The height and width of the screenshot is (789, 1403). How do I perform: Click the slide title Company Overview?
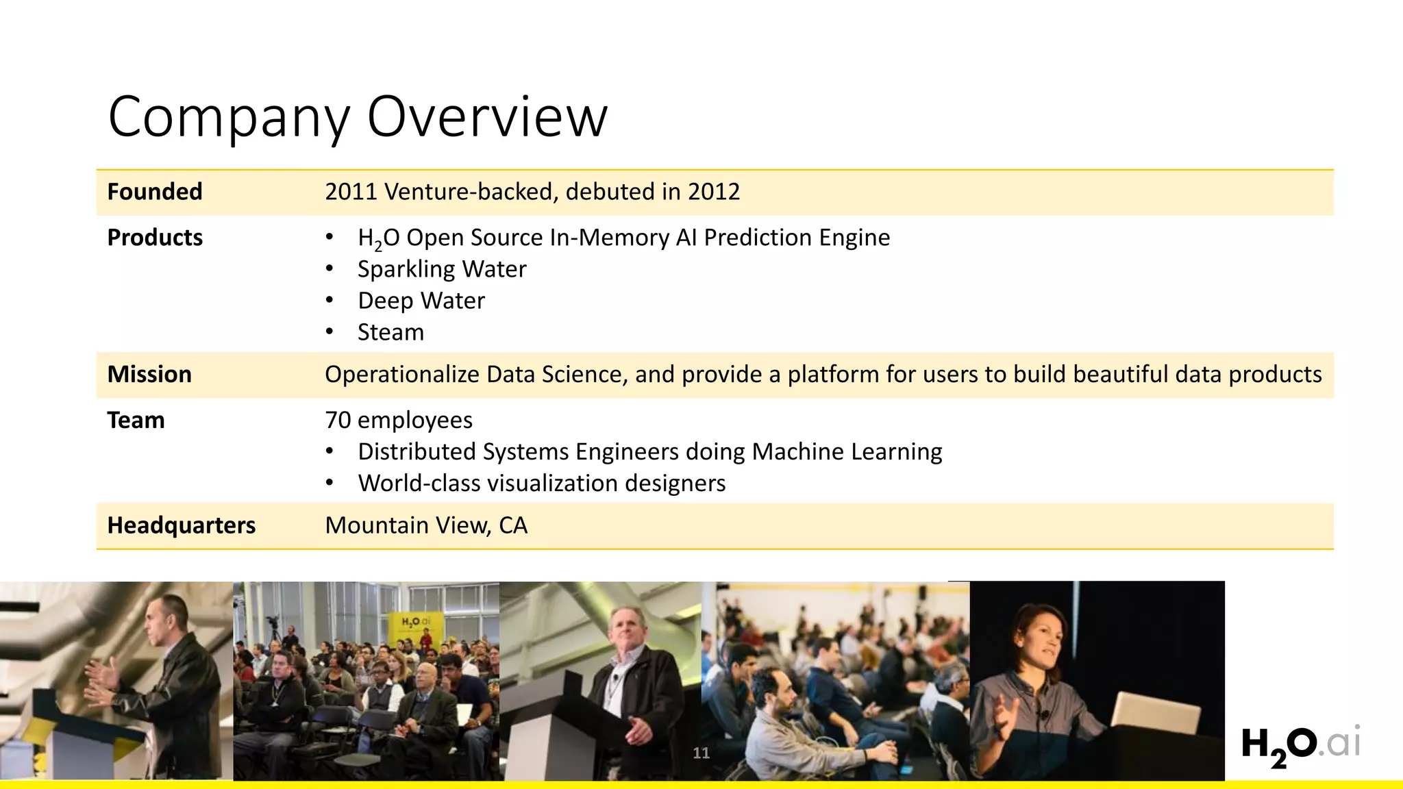358,116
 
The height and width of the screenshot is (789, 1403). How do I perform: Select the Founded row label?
155,192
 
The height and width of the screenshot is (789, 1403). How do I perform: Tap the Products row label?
155,238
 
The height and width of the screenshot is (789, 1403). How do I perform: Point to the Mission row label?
149,375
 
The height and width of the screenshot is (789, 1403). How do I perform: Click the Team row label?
136,420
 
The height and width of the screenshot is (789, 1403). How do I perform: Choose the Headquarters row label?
181,525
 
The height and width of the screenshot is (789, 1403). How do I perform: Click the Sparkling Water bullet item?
442,269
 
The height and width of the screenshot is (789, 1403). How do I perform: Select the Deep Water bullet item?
421,301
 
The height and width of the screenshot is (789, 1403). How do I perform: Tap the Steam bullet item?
390,332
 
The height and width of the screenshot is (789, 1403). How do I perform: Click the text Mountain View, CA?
426,525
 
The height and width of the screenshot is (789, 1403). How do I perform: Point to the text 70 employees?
399,420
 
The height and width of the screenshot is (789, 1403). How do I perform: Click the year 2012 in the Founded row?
714,192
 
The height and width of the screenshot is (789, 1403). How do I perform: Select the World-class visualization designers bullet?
541,484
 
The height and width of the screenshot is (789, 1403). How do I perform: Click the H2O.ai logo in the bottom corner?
1300,745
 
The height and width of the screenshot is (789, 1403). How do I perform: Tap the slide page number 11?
701,753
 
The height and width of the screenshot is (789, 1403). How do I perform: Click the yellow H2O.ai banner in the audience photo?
415,625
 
